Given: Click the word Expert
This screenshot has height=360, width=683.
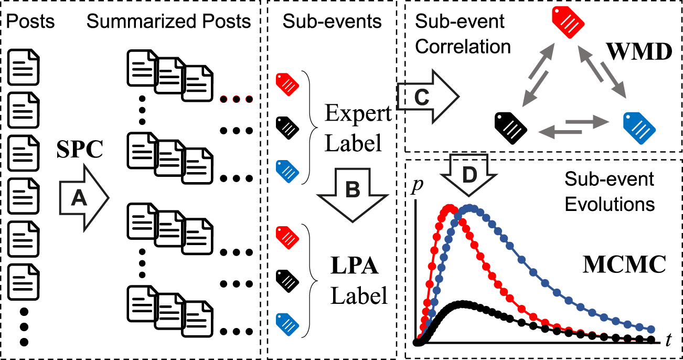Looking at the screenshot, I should [x=358, y=113].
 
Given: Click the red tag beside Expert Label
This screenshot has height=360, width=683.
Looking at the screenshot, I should [x=287, y=82].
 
